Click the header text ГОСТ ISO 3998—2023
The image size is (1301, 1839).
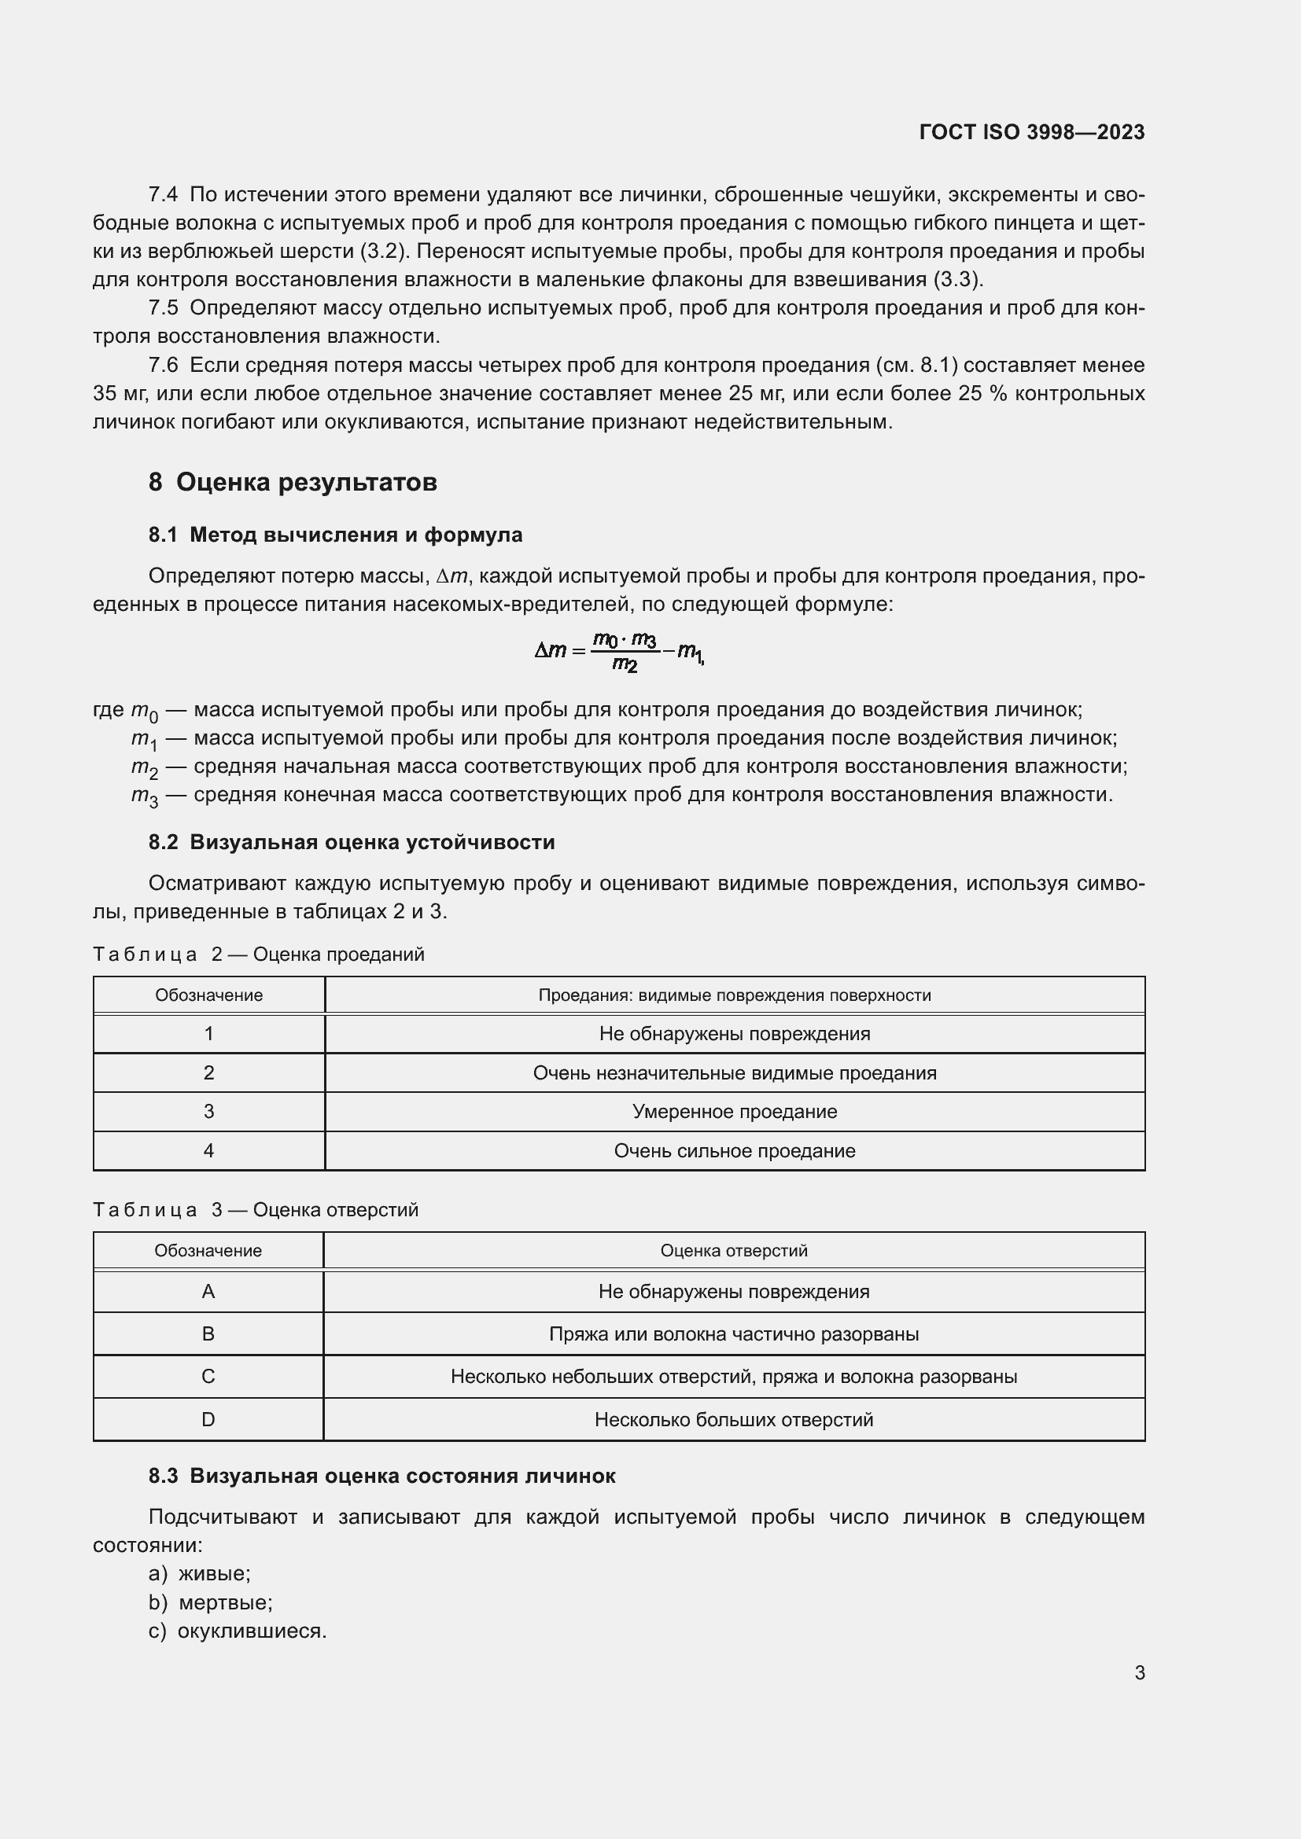tap(1032, 132)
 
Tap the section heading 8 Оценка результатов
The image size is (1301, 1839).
tap(293, 482)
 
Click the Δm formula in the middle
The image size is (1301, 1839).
tap(618, 650)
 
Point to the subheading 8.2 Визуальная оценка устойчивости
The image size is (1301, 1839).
tap(351, 842)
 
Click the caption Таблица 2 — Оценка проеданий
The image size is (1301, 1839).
tap(258, 954)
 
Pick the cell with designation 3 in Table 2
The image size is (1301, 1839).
tap(209, 1111)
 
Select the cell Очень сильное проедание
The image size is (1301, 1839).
tap(735, 1150)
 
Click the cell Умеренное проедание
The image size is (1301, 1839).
tap(735, 1111)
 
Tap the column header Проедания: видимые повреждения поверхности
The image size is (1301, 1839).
tap(735, 995)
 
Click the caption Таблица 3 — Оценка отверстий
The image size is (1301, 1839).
tap(256, 1209)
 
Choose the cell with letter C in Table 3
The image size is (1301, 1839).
tap(208, 1376)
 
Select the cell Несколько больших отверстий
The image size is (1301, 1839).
tap(734, 1419)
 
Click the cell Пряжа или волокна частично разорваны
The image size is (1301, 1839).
tap(734, 1333)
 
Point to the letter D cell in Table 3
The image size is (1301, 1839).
tap(208, 1419)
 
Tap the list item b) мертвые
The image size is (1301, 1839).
tap(210, 1602)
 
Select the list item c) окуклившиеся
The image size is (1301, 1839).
tap(237, 1631)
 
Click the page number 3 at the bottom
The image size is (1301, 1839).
tap(1139, 1672)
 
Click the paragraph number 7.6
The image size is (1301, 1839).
tap(163, 366)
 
